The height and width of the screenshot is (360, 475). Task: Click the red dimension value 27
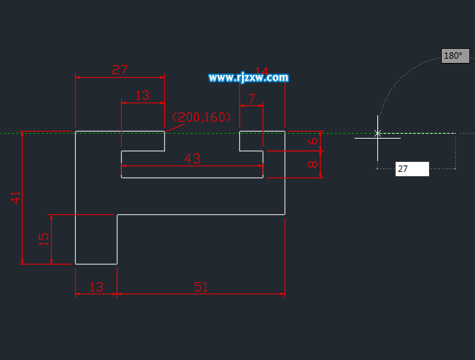coord(120,69)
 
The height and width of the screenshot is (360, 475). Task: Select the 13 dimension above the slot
coord(142,95)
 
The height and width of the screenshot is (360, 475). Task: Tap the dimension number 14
coord(262,71)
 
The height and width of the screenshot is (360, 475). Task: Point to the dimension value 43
coord(193,158)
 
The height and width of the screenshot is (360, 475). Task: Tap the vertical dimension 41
coord(16,197)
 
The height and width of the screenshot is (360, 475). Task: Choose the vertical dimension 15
coord(44,239)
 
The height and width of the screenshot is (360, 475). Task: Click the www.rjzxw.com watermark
coord(248,78)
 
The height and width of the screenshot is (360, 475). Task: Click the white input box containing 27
coord(412,169)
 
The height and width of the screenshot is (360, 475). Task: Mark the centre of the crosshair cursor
coord(377,133)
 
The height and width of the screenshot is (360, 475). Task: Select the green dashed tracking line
coord(42,132)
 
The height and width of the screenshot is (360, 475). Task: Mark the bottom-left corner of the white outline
coord(76,264)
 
